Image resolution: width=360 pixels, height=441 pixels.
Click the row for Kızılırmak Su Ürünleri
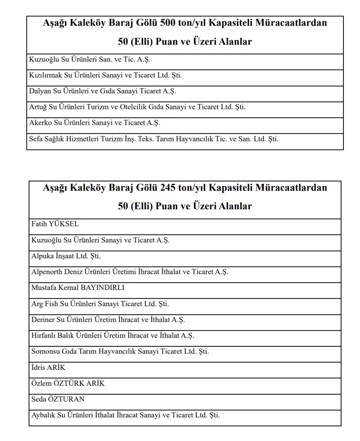105,75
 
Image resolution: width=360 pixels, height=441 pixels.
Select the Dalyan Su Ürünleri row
102,91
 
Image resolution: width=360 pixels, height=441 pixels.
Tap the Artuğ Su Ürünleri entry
137,107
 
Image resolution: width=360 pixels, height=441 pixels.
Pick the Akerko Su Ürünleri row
94,123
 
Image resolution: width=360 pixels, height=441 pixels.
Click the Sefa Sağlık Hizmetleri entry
154,139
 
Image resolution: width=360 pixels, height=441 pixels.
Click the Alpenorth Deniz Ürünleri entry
130,272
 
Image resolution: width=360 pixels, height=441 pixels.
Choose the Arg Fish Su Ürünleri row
100,304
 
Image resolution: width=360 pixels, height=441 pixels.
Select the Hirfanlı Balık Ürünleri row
113,336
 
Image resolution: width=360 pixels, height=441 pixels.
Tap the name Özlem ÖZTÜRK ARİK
68,383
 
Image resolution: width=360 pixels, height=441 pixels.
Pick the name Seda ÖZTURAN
58,399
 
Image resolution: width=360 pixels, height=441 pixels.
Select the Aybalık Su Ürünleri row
126,416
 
